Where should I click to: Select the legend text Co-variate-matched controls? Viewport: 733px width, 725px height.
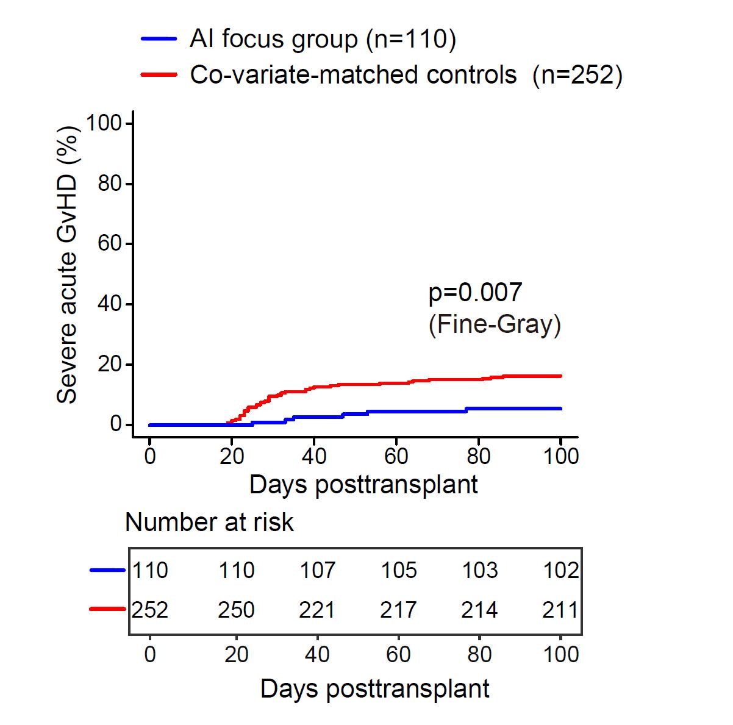[353, 75]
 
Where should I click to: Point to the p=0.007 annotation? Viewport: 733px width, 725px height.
[475, 293]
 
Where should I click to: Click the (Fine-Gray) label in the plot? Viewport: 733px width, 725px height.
[495, 324]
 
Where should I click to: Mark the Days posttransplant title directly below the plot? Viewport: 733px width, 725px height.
[363, 485]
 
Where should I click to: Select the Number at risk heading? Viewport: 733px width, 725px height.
[209, 523]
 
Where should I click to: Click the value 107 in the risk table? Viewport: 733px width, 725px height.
[317, 570]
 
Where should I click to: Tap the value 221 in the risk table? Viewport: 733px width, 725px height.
[317, 610]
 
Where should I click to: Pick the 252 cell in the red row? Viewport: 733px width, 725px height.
[150, 610]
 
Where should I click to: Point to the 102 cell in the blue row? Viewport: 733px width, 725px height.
[560, 570]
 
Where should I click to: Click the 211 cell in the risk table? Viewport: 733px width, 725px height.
[560, 610]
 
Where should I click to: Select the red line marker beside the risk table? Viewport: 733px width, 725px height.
[108, 609]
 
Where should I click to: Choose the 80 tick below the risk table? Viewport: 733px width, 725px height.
[479, 654]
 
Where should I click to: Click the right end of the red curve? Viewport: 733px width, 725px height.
[560, 376]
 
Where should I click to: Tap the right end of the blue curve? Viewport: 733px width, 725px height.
[560, 409]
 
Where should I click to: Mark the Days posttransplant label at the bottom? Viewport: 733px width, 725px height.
[374, 688]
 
